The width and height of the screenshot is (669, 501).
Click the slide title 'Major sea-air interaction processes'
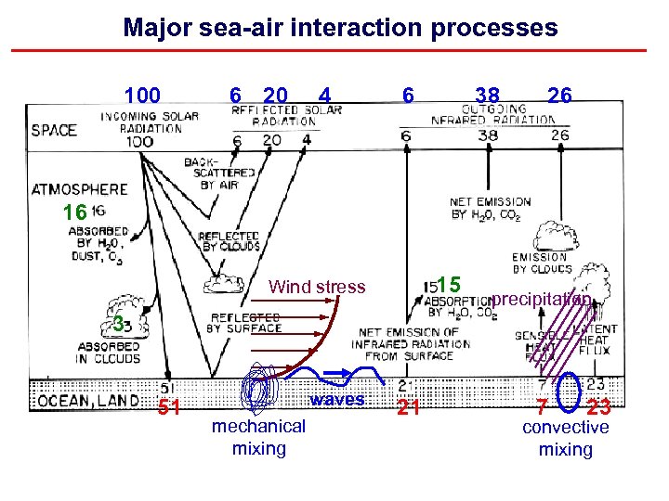click(x=340, y=27)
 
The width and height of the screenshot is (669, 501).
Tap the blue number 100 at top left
click(x=142, y=96)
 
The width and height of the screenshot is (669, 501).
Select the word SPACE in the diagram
click(x=54, y=130)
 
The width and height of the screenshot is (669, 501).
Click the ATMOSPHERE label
click(x=79, y=189)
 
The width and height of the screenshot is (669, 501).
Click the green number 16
click(x=74, y=213)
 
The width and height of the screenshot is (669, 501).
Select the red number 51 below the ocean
click(x=168, y=408)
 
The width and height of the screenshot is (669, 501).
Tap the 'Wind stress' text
click(x=317, y=287)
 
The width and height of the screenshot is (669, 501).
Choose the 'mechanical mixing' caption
click(x=258, y=437)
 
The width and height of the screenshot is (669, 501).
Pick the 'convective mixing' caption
click(x=565, y=438)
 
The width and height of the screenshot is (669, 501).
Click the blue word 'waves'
click(x=337, y=400)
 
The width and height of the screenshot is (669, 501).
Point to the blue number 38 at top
click(x=487, y=96)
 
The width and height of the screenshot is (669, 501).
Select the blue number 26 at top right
click(x=559, y=95)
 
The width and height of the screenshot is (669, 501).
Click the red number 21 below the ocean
click(x=409, y=407)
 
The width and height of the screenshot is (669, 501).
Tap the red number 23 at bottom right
click(x=599, y=407)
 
